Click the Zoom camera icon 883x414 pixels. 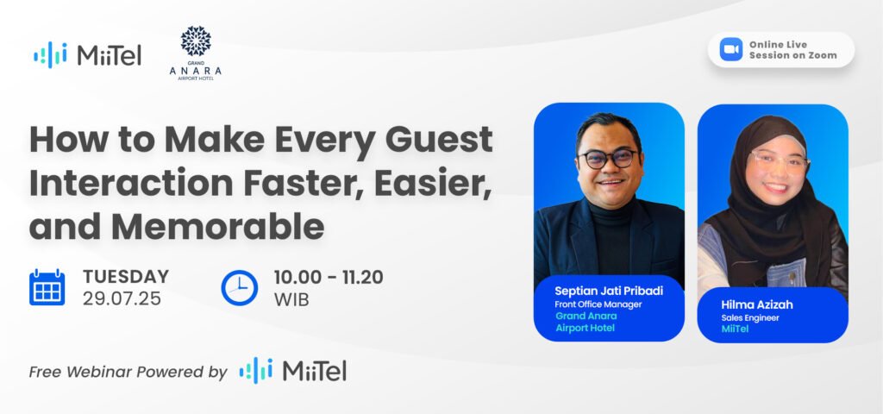731,49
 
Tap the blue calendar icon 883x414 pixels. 47,287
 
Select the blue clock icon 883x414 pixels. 240,288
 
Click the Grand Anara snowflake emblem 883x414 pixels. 196,41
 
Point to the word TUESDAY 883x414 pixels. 126,277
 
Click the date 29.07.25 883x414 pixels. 122,298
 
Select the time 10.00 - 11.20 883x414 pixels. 329,277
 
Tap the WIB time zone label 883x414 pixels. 291,299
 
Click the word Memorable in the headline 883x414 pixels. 217,227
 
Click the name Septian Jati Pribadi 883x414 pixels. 609,291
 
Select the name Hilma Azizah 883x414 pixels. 757,304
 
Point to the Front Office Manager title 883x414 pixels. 598,304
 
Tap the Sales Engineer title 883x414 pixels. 750,317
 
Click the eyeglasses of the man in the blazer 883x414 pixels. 608,159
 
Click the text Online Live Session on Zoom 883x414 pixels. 793,49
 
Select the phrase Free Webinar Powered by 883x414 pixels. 128,373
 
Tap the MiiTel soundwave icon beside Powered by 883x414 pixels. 256,371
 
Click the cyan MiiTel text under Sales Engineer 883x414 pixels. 735,329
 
